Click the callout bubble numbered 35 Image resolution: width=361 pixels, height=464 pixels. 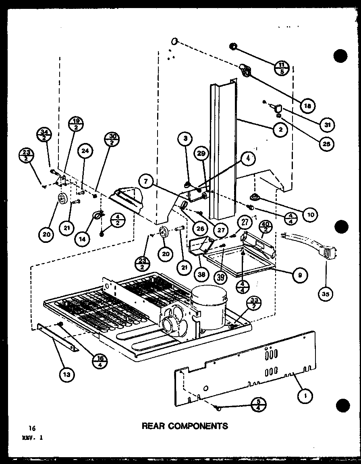coord(325,294)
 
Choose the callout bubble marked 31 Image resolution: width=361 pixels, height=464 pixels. coord(328,125)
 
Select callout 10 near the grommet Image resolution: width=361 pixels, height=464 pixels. coord(310,215)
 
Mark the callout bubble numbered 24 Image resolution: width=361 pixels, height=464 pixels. coord(85,151)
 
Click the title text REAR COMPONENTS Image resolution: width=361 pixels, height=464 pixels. coord(185,426)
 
